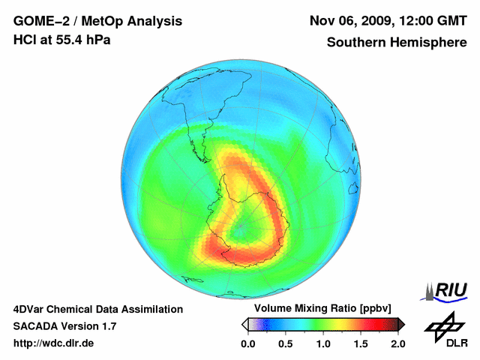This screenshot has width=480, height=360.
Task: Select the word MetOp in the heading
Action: pos(107,21)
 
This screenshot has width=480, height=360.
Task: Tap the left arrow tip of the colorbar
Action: pos(244,324)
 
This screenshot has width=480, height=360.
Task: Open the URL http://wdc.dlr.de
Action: pos(54,343)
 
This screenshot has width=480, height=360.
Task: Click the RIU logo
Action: pos(448,289)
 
